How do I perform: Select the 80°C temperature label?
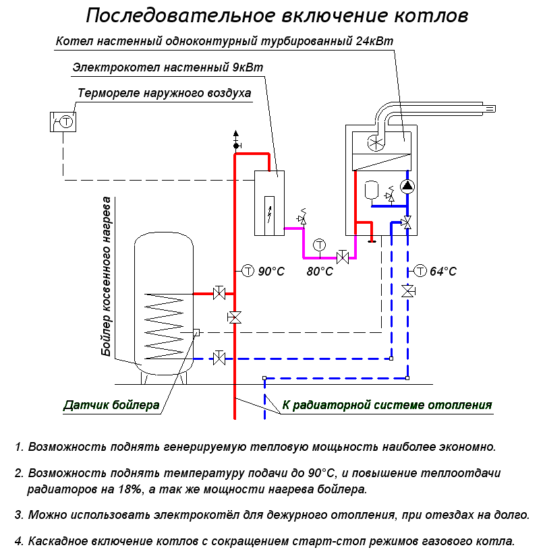pos(320,271)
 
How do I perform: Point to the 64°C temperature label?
pos(443,271)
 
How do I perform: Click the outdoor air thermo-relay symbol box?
pos(63,121)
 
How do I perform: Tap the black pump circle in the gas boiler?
pos(406,187)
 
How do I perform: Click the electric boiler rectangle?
pos(269,203)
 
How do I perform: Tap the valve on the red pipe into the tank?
pos(219,292)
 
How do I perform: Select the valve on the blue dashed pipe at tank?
pos(219,357)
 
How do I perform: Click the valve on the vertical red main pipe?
pos(235,317)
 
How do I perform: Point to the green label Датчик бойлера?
pos(111,405)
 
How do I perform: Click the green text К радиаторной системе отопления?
pos(387,405)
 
